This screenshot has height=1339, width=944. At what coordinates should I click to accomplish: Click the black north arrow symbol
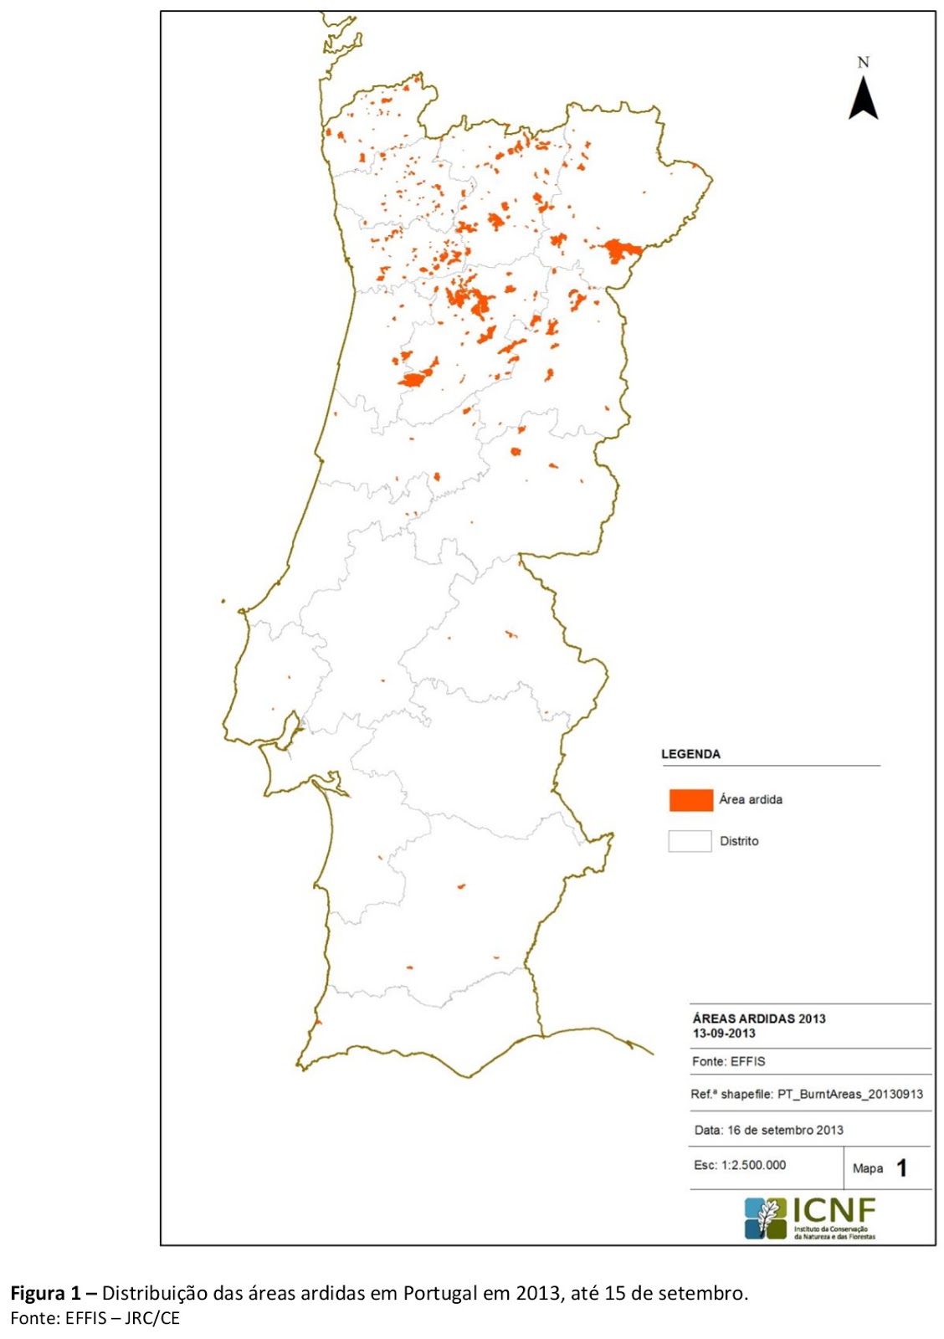863,99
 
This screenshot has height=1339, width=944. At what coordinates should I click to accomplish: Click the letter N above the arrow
863,63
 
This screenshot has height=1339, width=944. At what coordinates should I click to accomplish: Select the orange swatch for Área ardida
690,800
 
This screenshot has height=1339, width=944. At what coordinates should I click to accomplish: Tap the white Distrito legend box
690,841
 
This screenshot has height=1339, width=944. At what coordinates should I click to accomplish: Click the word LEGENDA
690,754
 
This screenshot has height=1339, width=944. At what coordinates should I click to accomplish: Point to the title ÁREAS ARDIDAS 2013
758,1018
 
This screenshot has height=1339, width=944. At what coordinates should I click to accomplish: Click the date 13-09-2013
723,1034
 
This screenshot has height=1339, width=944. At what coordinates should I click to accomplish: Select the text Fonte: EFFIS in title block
728,1061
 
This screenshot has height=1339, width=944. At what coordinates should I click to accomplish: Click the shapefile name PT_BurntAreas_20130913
850,1094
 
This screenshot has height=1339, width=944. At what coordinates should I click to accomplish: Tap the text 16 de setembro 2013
785,1130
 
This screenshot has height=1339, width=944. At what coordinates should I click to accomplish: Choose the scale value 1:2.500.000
752,1165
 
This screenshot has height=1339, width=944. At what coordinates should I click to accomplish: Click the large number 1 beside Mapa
901,1168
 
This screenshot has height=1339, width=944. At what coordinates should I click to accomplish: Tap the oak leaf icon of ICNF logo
766,1218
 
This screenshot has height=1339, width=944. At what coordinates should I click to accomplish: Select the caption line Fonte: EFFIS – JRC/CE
95,1319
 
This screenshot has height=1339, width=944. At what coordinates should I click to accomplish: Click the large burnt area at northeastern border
620,250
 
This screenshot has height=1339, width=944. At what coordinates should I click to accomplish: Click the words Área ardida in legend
751,800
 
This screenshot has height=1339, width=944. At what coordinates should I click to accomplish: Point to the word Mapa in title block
868,1168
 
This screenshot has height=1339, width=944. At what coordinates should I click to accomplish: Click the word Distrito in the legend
739,841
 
